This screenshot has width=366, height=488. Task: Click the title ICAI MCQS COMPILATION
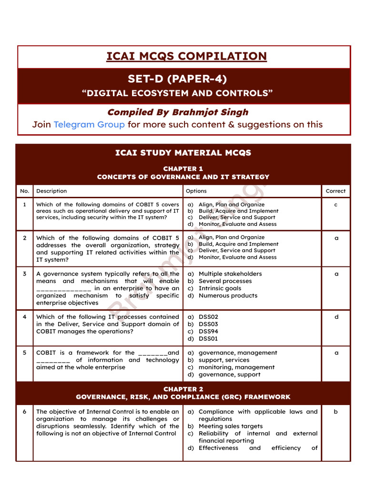tap(186, 57)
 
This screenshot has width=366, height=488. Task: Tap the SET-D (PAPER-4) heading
tap(177, 79)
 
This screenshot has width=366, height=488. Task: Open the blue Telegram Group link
tap(89, 124)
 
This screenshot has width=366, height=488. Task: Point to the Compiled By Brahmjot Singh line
tap(177, 112)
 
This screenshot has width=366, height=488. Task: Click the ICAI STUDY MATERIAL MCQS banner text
tap(183, 153)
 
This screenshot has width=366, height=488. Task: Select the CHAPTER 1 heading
tap(183, 169)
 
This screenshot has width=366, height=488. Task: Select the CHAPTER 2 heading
tap(183, 389)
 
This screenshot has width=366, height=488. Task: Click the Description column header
tap(51, 191)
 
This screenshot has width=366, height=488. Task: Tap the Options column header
tap(196, 191)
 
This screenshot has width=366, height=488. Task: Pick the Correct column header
tap(335, 191)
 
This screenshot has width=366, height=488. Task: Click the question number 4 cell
tap(24, 317)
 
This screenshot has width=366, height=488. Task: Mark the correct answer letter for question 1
tap(335, 205)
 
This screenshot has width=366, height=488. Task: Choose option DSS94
tap(208, 331)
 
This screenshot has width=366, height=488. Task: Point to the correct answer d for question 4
tap(336, 317)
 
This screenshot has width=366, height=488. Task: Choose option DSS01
tap(208, 338)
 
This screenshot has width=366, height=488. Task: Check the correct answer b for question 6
tap(335, 412)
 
